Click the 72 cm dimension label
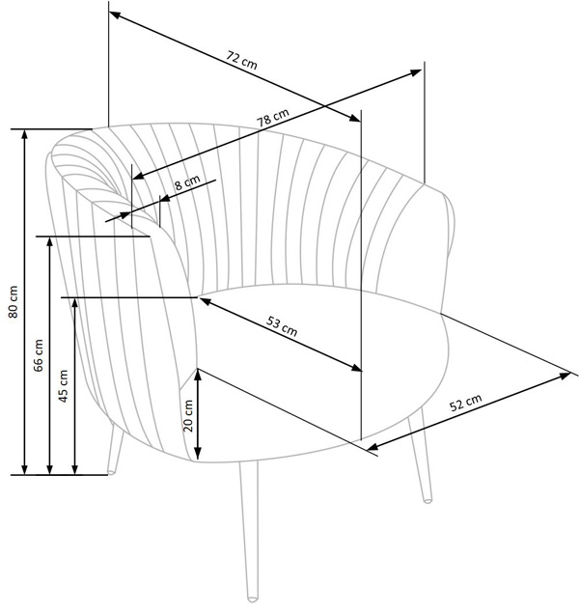tap(241, 60)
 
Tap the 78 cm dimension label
tap(273, 118)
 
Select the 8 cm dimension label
tap(187, 182)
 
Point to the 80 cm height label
tap(14, 301)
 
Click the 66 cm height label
tap(39, 355)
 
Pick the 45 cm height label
tap(63, 386)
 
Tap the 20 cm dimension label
tap(188, 415)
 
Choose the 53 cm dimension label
tap(282, 326)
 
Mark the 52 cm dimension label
tap(465, 403)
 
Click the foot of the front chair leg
tap(253, 599)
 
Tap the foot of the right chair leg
tap(427, 500)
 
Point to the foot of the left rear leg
tap(111, 472)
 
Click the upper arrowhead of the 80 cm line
tap(25, 134)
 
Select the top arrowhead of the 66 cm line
tap(50, 241)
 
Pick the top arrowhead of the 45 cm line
tap(75, 303)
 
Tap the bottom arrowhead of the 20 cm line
tap(198, 454)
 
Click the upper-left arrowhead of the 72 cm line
tap(114, 14)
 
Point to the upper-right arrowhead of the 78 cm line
tap(416, 72)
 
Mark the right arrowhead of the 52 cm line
tap(565, 376)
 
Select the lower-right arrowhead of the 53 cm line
tap(356, 367)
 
